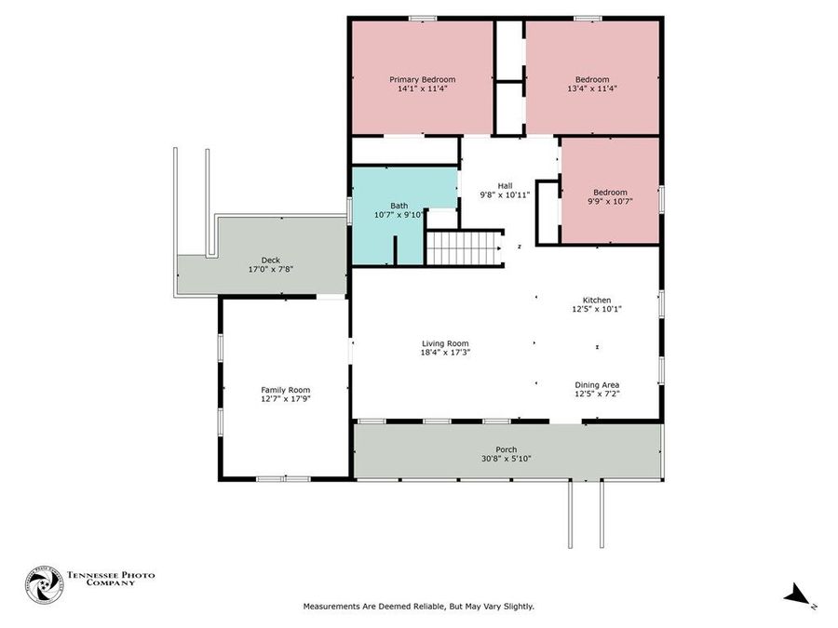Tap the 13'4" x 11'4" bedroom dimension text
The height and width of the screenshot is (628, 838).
click(592, 89)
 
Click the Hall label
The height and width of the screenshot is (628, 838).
click(505, 185)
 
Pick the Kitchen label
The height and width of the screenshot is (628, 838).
click(597, 300)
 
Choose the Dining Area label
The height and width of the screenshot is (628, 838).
click(597, 384)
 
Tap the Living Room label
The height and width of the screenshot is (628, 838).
click(445, 342)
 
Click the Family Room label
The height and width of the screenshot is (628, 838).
click(285, 390)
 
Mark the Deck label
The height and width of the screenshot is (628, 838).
click(270, 260)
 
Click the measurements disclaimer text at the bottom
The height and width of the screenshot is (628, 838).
click(418, 607)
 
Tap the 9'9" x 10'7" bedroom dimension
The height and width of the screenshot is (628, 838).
click(610, 201)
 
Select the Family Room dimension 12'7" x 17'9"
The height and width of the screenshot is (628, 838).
click(285, 399)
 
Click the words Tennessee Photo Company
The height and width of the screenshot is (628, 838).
click(110, 579)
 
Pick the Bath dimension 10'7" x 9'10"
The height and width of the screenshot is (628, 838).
click(399, 214)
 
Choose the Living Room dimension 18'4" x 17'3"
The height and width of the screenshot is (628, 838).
click(445, 352)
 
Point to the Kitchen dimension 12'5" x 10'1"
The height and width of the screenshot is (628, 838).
click(597, 309)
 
